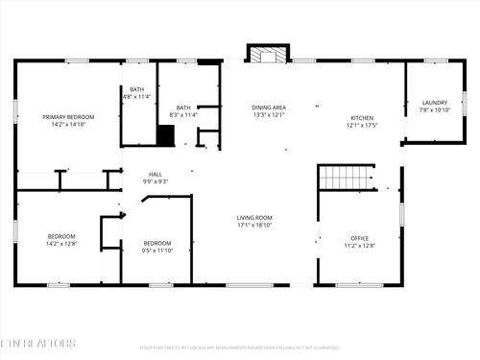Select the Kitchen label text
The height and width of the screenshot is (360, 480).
pos(362,117)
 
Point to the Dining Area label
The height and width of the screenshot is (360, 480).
pos(269,108)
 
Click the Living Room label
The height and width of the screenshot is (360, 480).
pos(254,218)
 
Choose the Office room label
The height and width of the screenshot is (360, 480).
pos(360,237)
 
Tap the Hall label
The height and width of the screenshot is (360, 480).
pos(155,174)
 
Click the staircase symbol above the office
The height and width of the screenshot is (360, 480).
pos(344,178)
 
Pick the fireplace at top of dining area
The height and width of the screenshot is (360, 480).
pos(268,56)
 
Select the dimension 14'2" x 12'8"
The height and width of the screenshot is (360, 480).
pos(62,244)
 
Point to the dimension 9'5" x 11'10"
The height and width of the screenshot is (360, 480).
pos(157,251)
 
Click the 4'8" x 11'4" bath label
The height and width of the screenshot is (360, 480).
pos(137,97)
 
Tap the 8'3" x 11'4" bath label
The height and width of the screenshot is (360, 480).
pos(182,114)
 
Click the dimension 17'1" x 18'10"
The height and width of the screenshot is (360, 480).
pos(254,226)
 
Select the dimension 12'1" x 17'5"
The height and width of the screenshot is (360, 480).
pos(362,125)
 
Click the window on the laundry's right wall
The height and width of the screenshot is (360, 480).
pos(465,103)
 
